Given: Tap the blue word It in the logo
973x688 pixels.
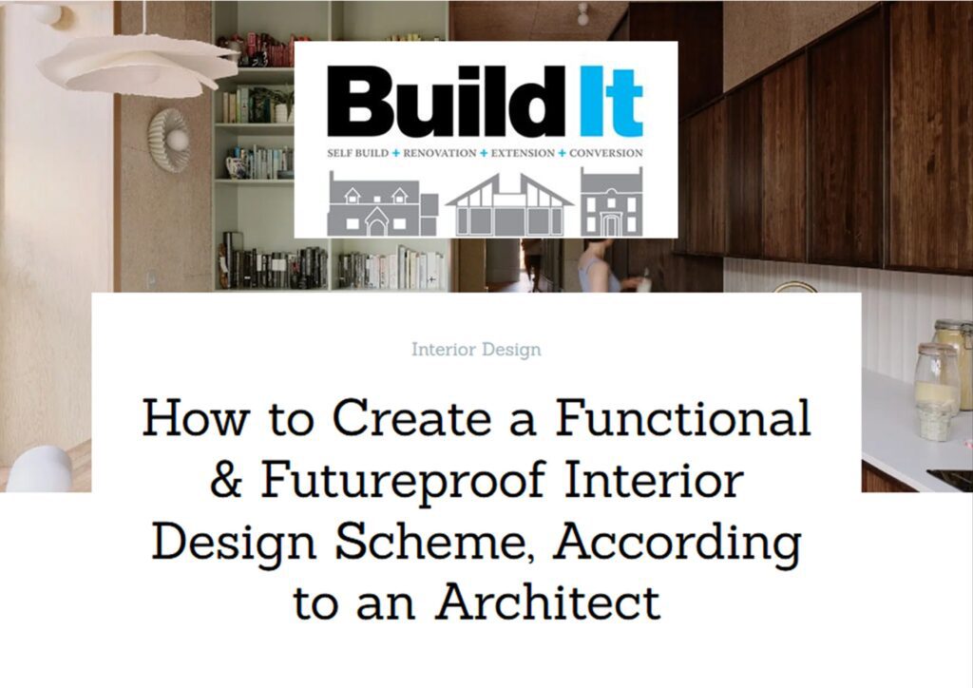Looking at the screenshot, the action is pyautogui.click(x=611, y=101).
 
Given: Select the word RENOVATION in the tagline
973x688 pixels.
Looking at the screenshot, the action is pyautogui.click(x=440, y=153).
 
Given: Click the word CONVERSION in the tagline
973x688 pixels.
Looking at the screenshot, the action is pyautogui.click(x=606, y=153).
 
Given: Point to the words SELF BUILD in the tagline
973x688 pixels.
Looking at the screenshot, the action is pyautogui.click(x=358, y=153).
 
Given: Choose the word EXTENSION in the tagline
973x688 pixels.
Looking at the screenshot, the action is pyautogui.click(x=524, y=153).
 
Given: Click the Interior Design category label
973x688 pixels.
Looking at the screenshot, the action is pyautogui.click(x=477, y=350).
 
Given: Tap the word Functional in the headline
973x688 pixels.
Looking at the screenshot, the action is pyautogui.click(x=683, y=417).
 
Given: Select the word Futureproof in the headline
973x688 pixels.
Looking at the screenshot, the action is pyautogui.click(x=403, y=480).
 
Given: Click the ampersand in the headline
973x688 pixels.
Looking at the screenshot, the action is pyautogui.click(x=226, y=480).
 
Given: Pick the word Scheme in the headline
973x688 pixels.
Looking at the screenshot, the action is pyautogui.click(x=435, y=543).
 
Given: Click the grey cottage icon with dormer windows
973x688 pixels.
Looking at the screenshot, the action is pyautogui.click(x=383, y=204).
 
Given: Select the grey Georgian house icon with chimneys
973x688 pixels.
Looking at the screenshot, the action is pyautogui.click(x=611, y=201).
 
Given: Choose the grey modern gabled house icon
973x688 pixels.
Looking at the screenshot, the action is pyautogui.click(x=510, y=205).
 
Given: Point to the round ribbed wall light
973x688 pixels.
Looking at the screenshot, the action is pyautogui.click(x=169, y=140).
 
